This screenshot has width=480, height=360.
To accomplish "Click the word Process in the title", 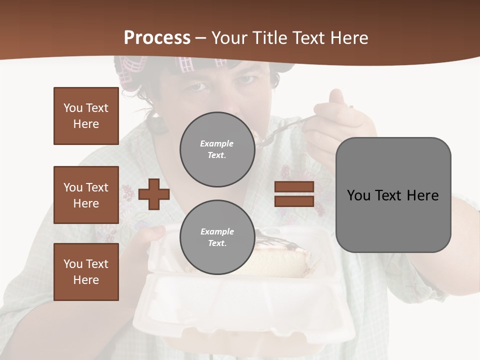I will (x=157, y=38).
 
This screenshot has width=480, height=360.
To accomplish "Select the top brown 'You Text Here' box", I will (x=86, y=116).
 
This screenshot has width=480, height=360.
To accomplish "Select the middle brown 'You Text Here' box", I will (x=86, y=195).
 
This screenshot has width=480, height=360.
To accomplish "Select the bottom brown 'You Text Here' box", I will (x=86, y=271).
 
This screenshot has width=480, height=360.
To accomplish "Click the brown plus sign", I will (x=154, y=194).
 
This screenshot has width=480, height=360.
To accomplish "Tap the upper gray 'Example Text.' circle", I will (x=217, y=149).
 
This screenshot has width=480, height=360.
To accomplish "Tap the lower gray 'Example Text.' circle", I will (x=217, y=237).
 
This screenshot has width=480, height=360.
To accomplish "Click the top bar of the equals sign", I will (x=294, y=187).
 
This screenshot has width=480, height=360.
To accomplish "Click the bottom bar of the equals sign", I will (x=294, y=201).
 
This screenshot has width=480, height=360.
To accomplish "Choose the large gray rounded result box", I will (x=393, y=195).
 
